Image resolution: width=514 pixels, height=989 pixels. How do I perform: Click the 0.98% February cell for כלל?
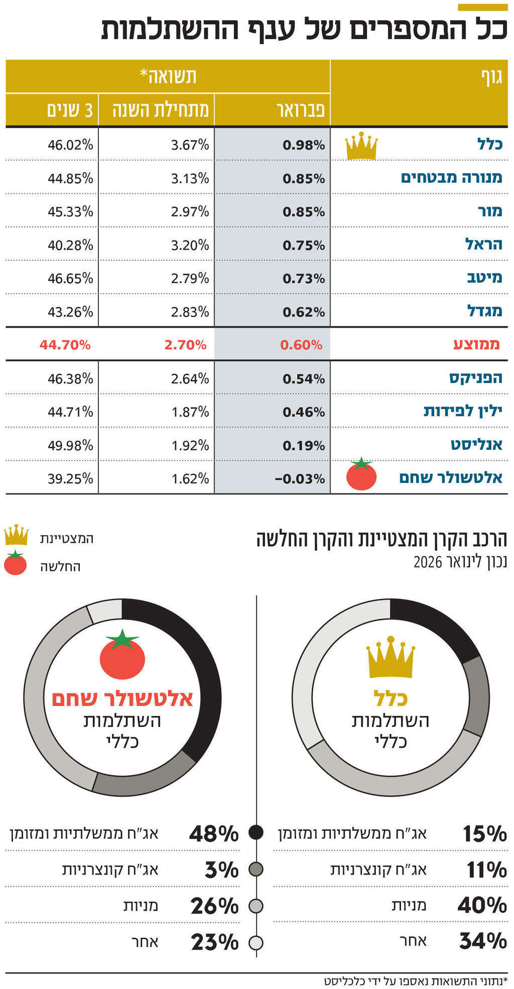coord(304,145)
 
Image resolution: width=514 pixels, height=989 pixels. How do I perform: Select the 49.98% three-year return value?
coord(70,445)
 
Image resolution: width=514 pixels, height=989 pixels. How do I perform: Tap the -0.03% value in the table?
coord(300,478)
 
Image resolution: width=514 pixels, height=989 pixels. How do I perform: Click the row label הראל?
coord(483,244)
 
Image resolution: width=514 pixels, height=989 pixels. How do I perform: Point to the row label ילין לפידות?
coord(463,411)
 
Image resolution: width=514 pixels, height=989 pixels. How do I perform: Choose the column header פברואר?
coord(301,109)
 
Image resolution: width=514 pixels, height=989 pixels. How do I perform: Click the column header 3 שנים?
coord(70,109)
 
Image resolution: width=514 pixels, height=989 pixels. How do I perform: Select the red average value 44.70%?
coord(65,345)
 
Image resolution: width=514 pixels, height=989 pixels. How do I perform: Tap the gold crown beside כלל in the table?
coord(361,146)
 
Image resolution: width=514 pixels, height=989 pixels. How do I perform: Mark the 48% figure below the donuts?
coord(214,834)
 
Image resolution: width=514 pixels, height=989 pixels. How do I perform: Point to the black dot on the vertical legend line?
coord(256,833)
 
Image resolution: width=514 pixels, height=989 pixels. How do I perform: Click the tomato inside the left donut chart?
coord(122,655)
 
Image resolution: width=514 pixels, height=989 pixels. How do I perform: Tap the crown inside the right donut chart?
coord(391,658)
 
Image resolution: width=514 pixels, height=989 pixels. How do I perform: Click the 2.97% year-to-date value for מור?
coord(190,211)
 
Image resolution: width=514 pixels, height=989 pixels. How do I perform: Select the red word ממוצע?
coord(477,344)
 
